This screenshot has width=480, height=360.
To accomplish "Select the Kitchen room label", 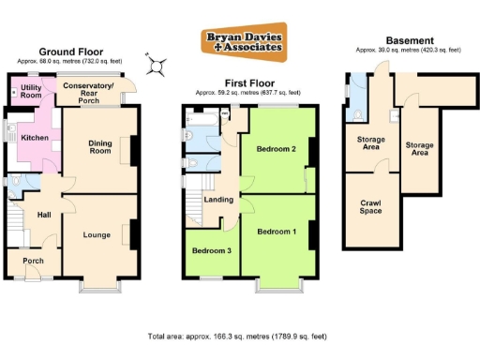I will point(34,138).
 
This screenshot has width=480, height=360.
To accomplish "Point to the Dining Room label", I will point(99,147).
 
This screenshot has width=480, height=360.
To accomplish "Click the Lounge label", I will point(97,234).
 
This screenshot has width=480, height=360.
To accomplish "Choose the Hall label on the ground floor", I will point(43,216).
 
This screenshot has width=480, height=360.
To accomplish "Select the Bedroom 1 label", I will point(277,232).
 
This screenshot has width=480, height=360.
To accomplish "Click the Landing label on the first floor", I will point(218,200).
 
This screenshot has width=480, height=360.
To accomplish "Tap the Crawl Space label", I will point(371,206).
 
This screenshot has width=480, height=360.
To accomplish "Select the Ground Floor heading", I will point(70,52).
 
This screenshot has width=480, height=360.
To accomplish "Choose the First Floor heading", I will point(247,82).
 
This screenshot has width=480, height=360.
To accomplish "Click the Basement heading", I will point(410,40).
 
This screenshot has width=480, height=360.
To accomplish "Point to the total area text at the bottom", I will point(236,336).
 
